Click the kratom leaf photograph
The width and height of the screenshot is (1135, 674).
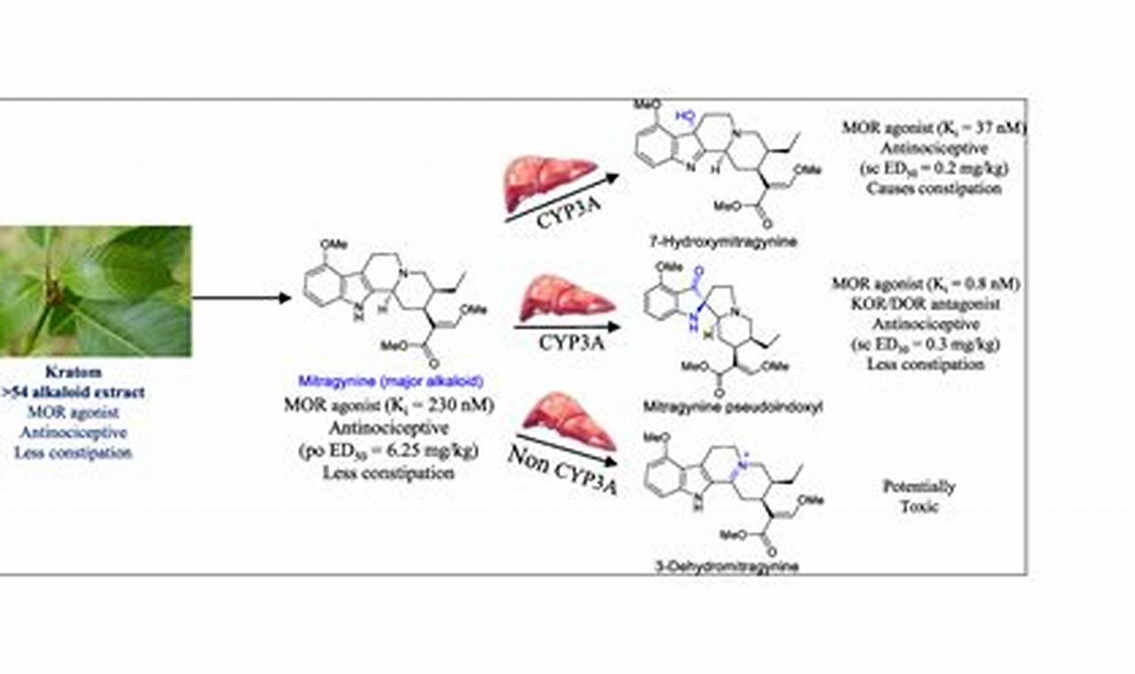95,291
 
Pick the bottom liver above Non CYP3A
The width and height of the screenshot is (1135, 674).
568,424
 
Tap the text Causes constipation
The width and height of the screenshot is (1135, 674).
935,188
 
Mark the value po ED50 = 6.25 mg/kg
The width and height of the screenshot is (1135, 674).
388,451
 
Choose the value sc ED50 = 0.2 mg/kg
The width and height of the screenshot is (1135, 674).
935,168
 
